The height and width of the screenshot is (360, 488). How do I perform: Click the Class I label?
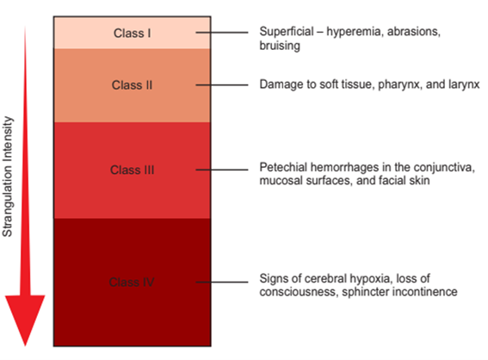coord(133,33)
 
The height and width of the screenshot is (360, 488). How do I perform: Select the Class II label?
coord(132,85)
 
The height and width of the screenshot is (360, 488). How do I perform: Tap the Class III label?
coord(132,170)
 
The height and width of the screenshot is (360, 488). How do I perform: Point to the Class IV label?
coord(132,282)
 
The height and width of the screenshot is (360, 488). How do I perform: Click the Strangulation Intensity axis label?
coord(8,177)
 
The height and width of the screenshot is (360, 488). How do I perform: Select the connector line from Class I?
coord(222,33)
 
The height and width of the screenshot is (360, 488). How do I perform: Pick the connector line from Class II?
coord(222,84)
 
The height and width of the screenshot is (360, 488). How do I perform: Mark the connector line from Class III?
coord(222,170)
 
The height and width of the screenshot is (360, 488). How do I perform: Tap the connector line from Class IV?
coord(222,282)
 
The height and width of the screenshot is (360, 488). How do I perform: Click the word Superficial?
coord(287,32)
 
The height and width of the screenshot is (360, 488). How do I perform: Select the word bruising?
coord(280,46)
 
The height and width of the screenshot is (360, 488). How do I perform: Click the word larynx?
coord(464,84)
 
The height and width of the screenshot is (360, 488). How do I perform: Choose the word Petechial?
coord(284,167)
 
